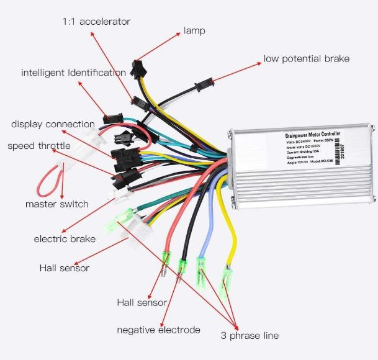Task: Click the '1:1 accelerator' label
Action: (96, 21)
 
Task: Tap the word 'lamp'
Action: (194, 30)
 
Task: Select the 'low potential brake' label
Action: (307, 59)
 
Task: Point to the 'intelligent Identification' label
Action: (73, 73)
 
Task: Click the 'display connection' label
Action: (53, 124)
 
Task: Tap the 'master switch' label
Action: (56, 204)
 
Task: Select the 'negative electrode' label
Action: (158, 330)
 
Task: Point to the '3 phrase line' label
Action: (250, 335)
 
